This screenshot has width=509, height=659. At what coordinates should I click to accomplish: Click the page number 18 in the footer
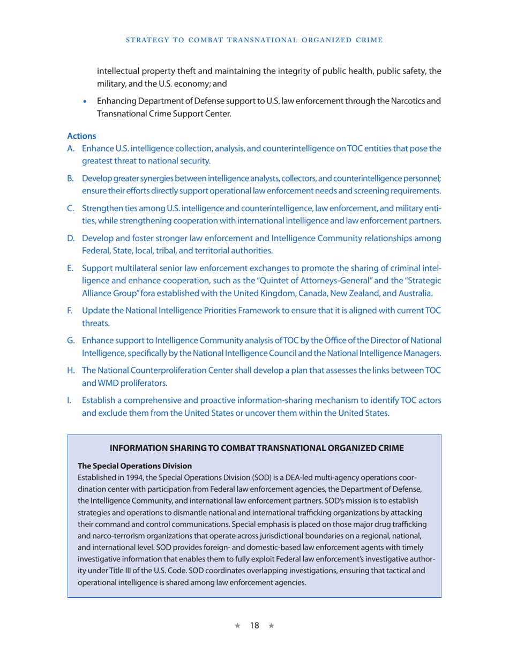point(254,625)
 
